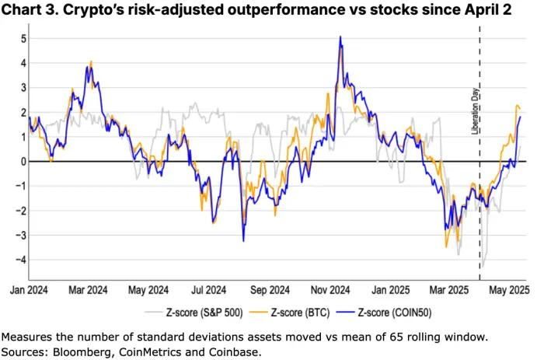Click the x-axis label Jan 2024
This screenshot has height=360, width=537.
28,290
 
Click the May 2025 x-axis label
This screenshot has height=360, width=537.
508,290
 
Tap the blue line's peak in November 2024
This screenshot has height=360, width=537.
340,37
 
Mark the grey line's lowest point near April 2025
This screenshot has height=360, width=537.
482,267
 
